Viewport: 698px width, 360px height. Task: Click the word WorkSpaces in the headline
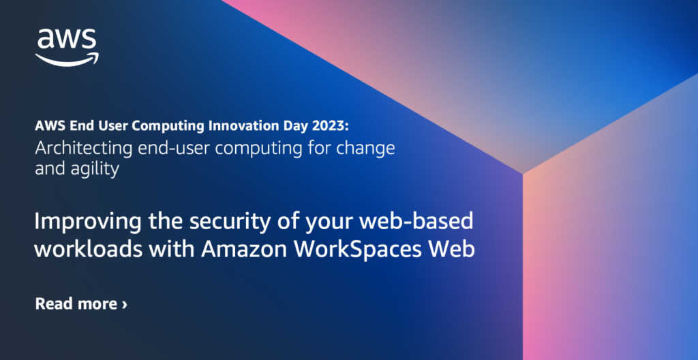click(362, 249)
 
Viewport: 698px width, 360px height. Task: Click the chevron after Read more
click(124, 304)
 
